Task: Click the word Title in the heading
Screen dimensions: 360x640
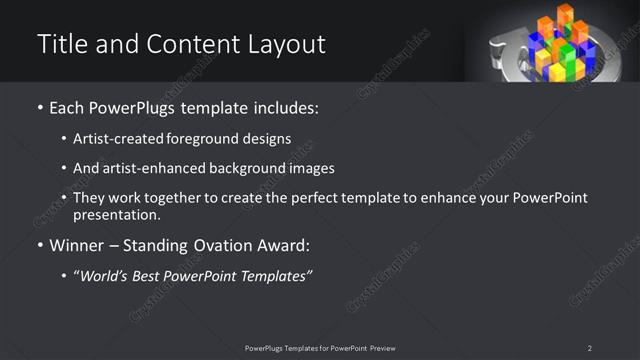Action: [61, 45]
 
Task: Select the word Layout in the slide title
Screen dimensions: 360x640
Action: [285, 45]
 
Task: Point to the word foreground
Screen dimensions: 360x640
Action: [209, 138]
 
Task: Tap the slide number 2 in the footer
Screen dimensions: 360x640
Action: [590, 348]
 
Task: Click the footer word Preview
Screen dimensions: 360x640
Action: [381, 348]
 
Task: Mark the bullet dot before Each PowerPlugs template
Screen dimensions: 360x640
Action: [39, 108]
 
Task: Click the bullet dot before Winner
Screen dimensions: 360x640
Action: [39, 246]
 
